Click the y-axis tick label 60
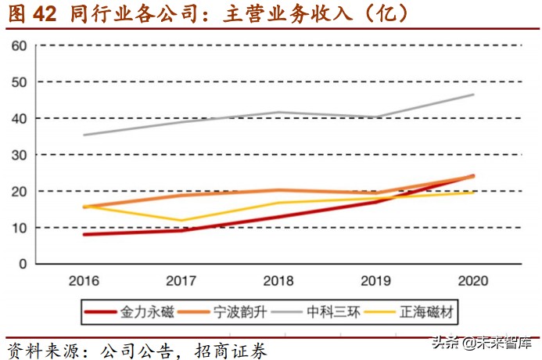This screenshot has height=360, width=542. [20, 45]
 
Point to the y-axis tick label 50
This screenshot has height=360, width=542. [20, 82]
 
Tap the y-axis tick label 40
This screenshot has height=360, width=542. [20, 118]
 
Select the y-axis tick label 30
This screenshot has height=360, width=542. [20, 155]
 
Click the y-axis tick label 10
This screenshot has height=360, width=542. [20, 228]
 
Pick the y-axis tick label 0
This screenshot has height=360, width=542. [23, 264]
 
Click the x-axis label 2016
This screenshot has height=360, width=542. [84, 281]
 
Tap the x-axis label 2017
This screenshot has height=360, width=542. [181, 281]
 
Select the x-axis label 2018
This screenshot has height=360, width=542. [278, 281]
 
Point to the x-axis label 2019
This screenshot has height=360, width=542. [375, 281]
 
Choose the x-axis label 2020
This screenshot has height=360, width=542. [472, 281]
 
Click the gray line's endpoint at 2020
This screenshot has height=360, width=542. [473, 95]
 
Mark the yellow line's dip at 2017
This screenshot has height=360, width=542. [181, 221]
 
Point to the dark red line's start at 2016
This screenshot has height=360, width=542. [84, 234]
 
